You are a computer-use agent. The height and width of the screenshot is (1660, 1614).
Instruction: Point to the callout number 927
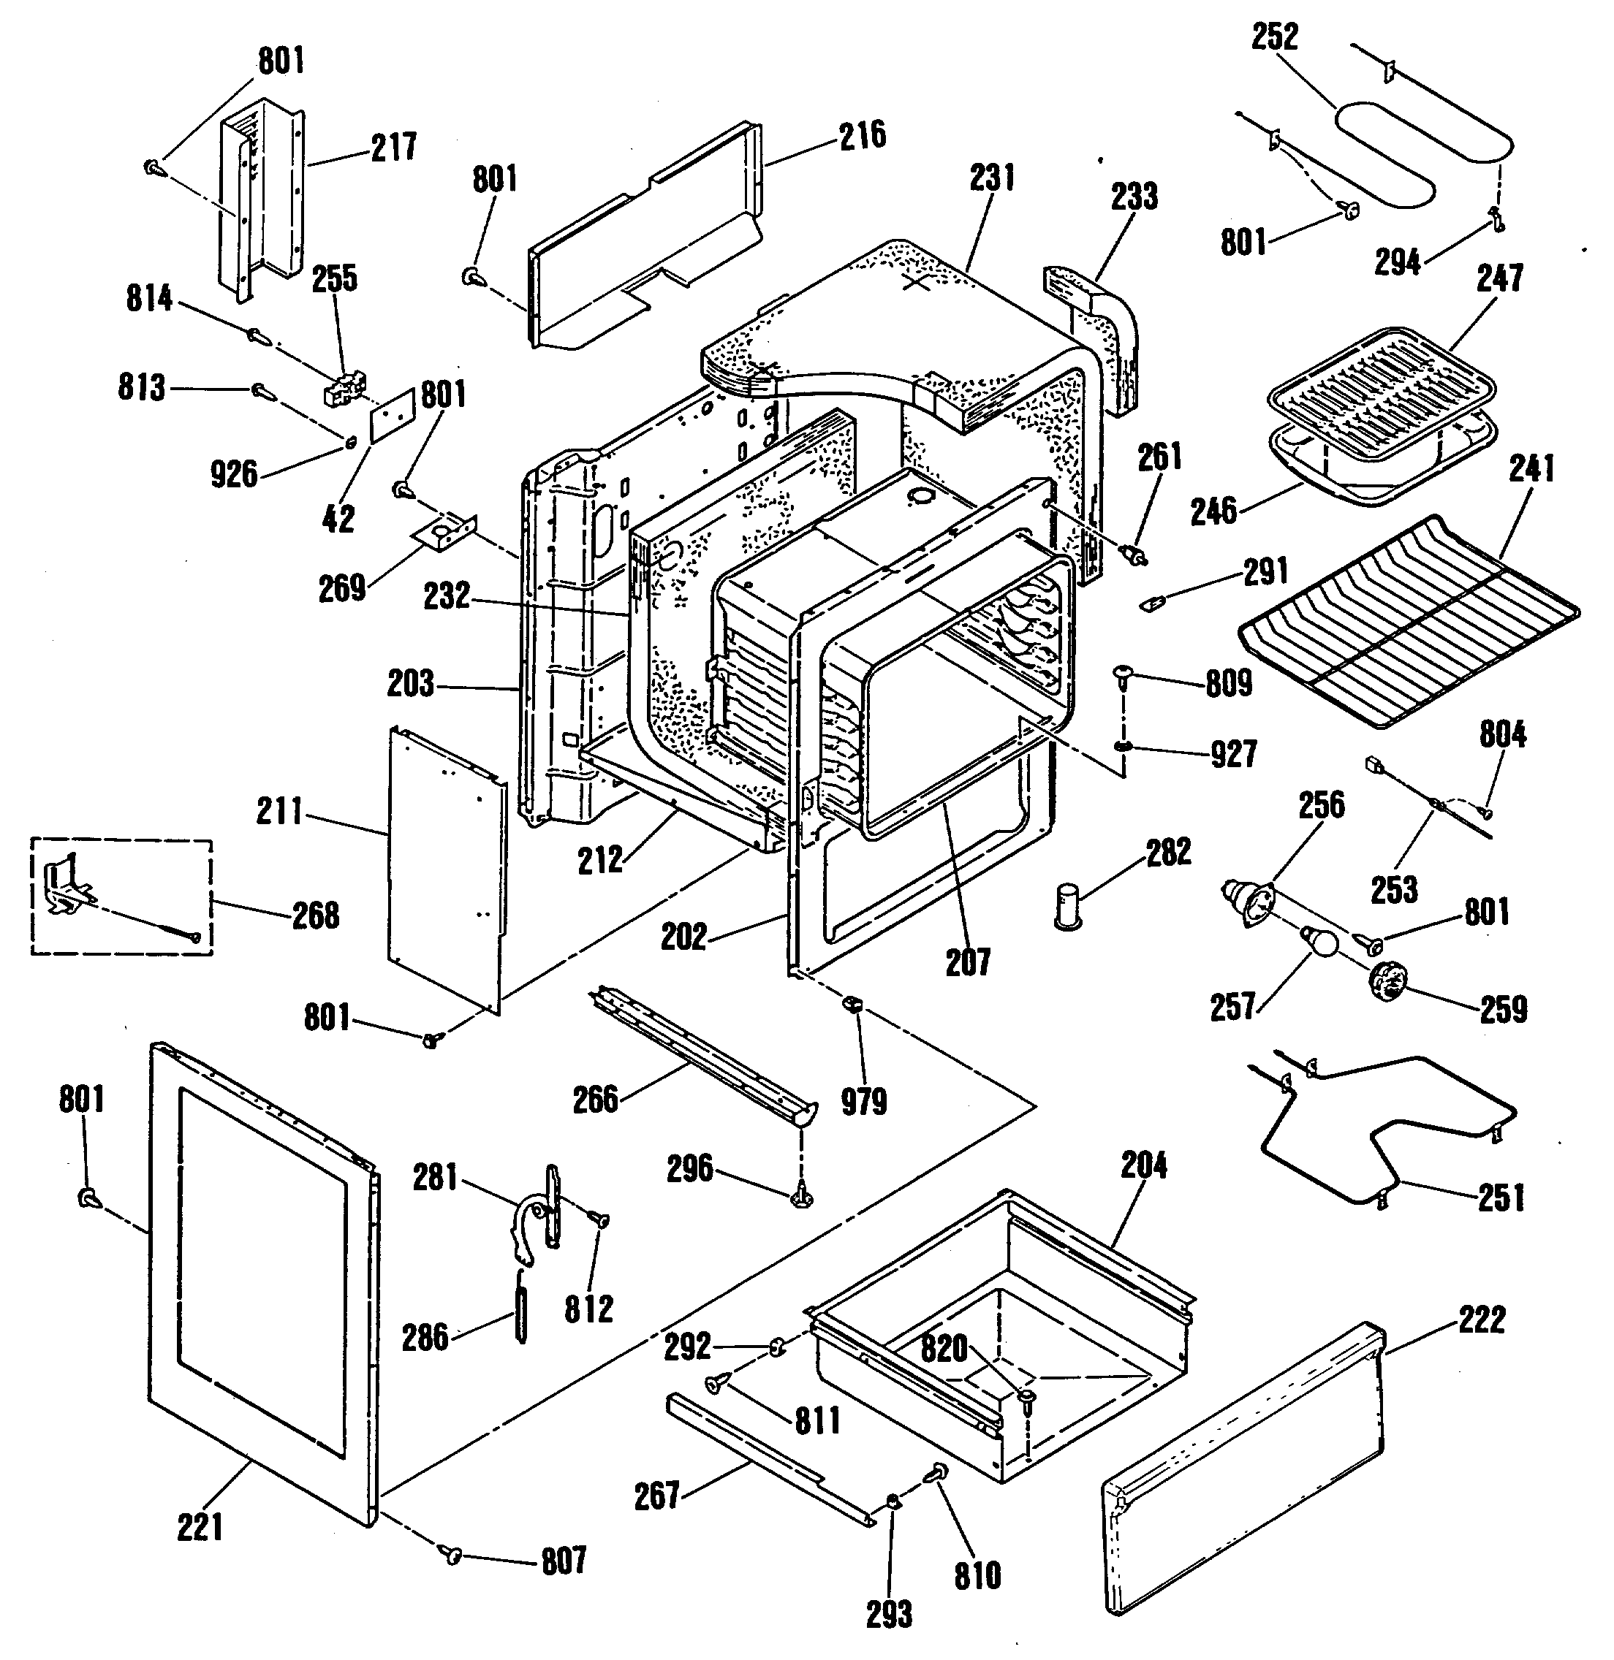[1233, 753]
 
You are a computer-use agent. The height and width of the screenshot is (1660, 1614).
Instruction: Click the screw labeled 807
[451, 1553]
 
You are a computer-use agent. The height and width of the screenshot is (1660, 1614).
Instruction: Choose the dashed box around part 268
[122, 896]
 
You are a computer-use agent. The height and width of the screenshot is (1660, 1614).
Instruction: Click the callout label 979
[863, 1102]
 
